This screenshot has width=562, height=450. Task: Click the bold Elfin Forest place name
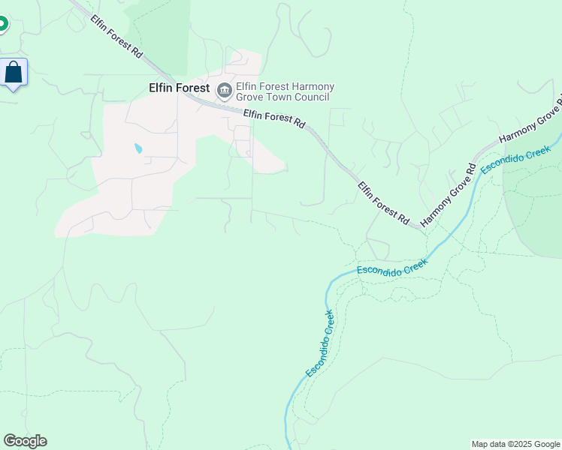pyautogui.click(x=174, y=88)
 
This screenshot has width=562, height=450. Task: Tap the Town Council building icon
pyautogui.click(x=224, y=91)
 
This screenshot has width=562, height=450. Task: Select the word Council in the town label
pyautogui.click(x=311, y=97)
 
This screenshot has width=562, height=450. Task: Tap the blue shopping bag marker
pyautogui.click(x=14, y=73)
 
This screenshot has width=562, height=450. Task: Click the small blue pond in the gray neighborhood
pyautogui.click(x=137, y=148)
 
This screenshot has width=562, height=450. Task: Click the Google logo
pyautogui.click(x=25, y=441)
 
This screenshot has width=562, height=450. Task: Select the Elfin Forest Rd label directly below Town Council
pyautogui.click(x=274, y=118)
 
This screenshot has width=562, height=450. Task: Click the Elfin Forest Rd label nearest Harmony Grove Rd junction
pyautogui.click(x=383, y=203)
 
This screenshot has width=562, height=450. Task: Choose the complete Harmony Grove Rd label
pyautogui.click(x=449, y=195)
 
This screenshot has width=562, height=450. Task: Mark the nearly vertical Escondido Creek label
pyautogui.click(x=319, y=344)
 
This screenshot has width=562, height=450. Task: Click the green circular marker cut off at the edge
pyautogui.click(x=2, y=24)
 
